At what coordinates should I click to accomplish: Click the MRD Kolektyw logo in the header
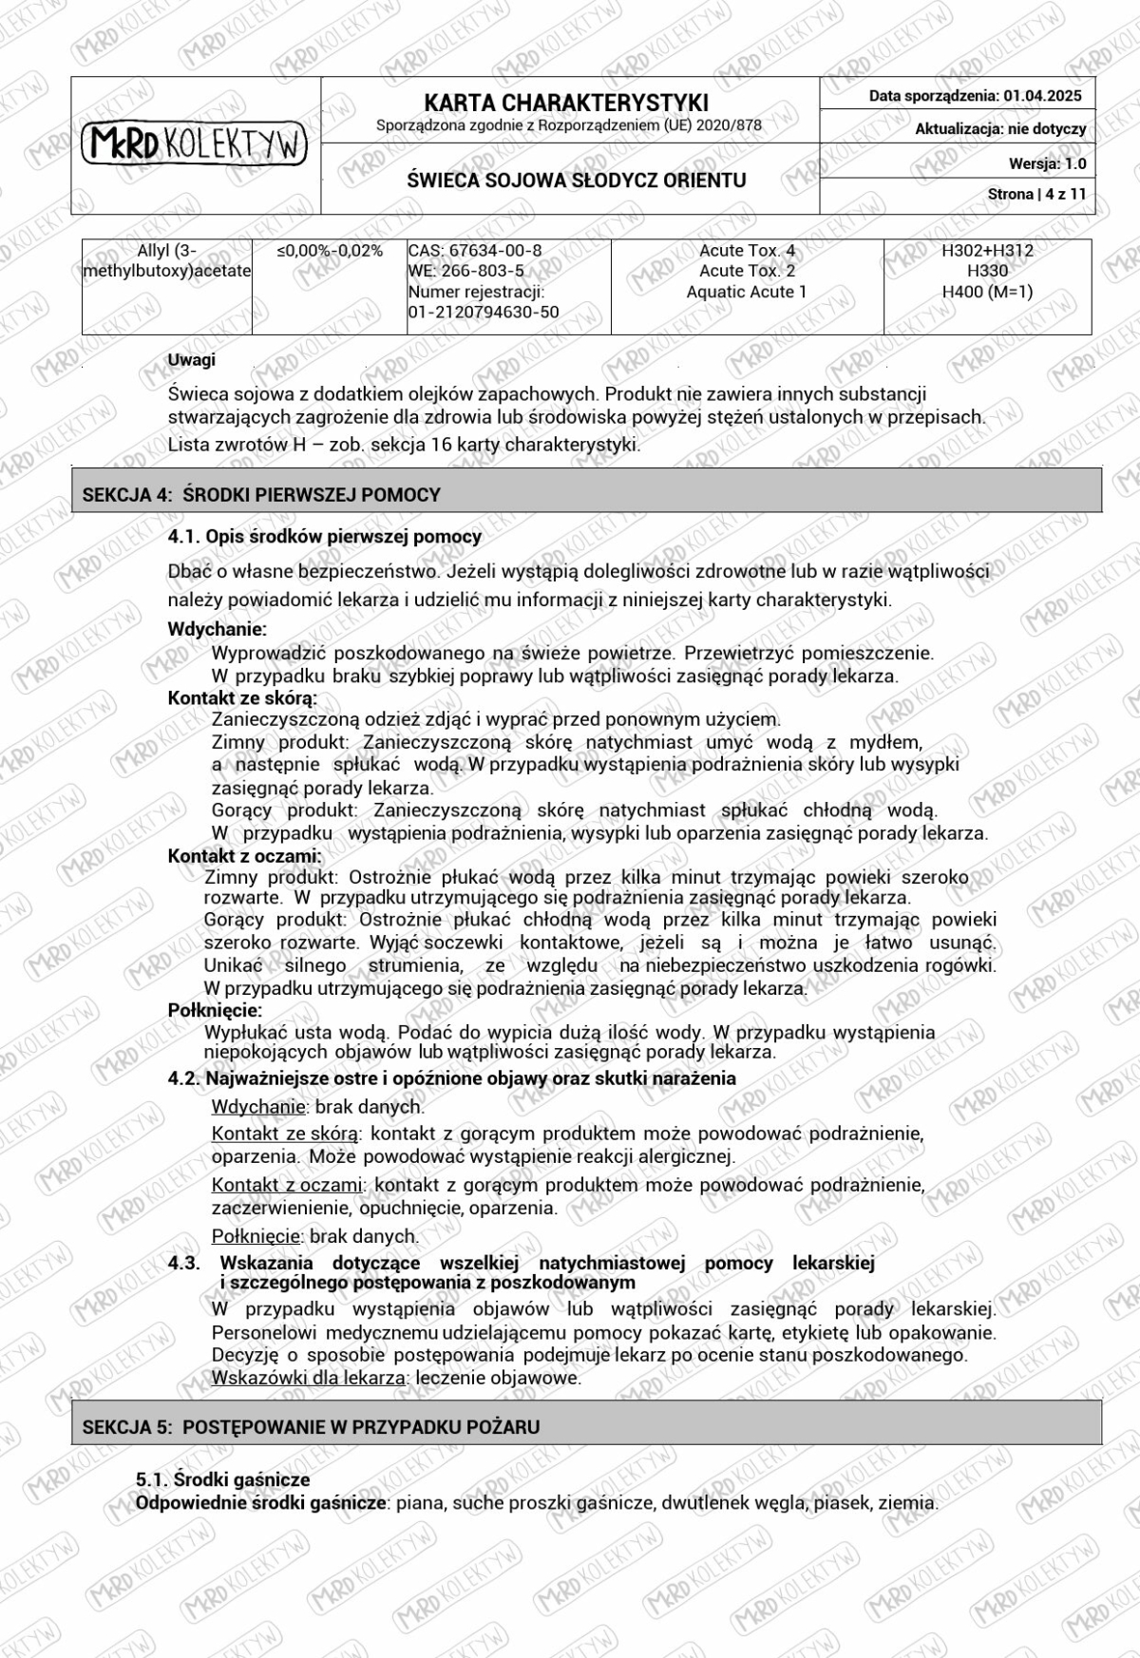[195, 144]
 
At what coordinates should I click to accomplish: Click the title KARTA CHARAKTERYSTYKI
[566, 103]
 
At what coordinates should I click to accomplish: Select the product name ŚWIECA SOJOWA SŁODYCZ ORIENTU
[577, 181]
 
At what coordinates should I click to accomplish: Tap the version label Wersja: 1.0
[1047, 163]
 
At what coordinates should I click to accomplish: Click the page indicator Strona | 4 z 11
[1036, 194]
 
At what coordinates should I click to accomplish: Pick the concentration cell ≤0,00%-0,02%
[330, 251]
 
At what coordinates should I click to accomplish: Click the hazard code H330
[987, 271]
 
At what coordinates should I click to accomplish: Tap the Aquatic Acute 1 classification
[747, 292]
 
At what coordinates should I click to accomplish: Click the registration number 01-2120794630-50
[484, 312]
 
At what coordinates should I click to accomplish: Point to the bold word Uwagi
[191, 360]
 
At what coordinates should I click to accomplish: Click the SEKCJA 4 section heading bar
[586, 494]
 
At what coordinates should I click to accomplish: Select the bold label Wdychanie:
[217, 629]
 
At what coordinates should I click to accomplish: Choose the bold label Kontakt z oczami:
[244, 856]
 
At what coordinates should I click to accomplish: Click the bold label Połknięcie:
[215, 1010]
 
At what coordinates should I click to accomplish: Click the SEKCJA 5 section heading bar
[586, 1426]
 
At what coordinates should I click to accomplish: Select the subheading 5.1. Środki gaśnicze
[222, 1479]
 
